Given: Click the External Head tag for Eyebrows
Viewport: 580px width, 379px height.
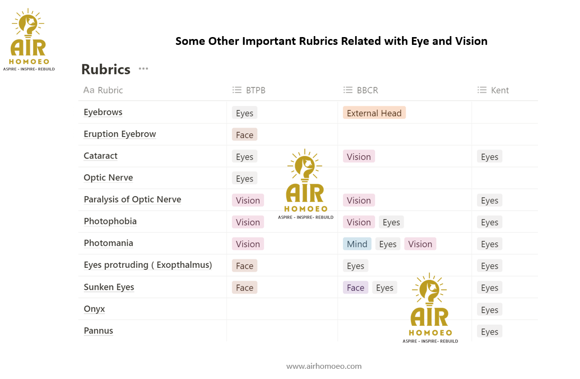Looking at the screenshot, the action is coord(374,113).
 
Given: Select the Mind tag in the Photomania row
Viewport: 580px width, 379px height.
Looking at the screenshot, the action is coord(357,244).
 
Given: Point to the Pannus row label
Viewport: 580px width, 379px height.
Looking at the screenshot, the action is coord(98,331).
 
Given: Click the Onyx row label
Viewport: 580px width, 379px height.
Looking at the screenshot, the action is coord(94,309).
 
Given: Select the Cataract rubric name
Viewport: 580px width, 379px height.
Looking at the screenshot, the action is coord(101,156).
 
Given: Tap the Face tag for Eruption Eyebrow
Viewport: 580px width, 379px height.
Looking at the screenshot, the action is coord(244,135).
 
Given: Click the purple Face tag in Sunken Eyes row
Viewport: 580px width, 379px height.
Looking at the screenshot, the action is coord(355,288).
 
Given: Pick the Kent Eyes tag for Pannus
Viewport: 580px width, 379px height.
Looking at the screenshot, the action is coord(490,332).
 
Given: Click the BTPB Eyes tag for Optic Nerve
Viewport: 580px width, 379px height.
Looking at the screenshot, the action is coord(244,179).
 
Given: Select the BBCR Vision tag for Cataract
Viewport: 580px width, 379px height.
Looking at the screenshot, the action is coord(359,157).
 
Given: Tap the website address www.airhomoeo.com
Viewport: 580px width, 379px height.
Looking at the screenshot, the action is coord(324,366).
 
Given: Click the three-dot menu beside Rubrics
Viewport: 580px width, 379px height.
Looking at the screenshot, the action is coord(144,69).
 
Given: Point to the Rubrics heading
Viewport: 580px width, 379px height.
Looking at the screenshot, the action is coord(106,69).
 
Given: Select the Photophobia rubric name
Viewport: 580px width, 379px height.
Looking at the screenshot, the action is coord(110,221).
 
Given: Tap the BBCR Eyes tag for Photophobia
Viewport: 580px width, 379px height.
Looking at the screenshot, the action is coord(391,222).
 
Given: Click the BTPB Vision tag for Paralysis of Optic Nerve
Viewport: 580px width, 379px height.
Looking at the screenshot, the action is coord(248,200).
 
